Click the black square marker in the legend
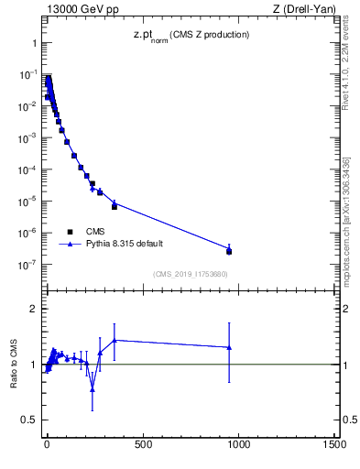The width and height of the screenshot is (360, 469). [71, 232]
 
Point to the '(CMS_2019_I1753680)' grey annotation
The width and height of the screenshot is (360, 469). [190, 273]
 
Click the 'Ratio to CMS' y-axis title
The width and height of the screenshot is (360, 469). [15, 364]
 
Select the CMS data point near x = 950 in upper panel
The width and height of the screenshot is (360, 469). [229, 251]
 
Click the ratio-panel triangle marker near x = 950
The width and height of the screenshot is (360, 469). [229, 347]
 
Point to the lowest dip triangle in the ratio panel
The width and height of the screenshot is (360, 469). [93, 389]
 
